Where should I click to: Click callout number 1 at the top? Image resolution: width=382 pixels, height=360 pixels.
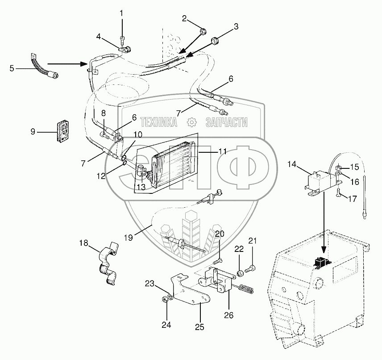[x=122, y=13]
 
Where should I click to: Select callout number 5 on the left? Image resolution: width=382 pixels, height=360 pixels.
[x=12, y=68]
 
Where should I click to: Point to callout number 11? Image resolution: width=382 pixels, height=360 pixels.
[x=222, y=151]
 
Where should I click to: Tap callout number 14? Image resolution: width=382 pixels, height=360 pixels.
[x=292, y=164]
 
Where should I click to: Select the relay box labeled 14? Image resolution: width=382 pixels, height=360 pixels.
[x=322, y=182]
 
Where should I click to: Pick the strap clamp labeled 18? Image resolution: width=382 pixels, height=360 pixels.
[x=108, y=264]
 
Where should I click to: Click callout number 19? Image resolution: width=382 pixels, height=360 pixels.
[x=129, y=238]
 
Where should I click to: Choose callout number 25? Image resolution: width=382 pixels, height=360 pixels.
[x=199, y=327]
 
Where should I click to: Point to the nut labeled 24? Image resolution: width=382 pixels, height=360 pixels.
[x=164, y=299]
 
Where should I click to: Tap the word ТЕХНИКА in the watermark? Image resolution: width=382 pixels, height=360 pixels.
[x=158, y=122]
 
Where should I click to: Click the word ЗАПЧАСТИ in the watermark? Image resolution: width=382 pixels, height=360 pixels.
[x=227, y=122]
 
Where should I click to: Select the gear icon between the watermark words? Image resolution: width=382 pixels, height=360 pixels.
[x=191, y=122]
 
